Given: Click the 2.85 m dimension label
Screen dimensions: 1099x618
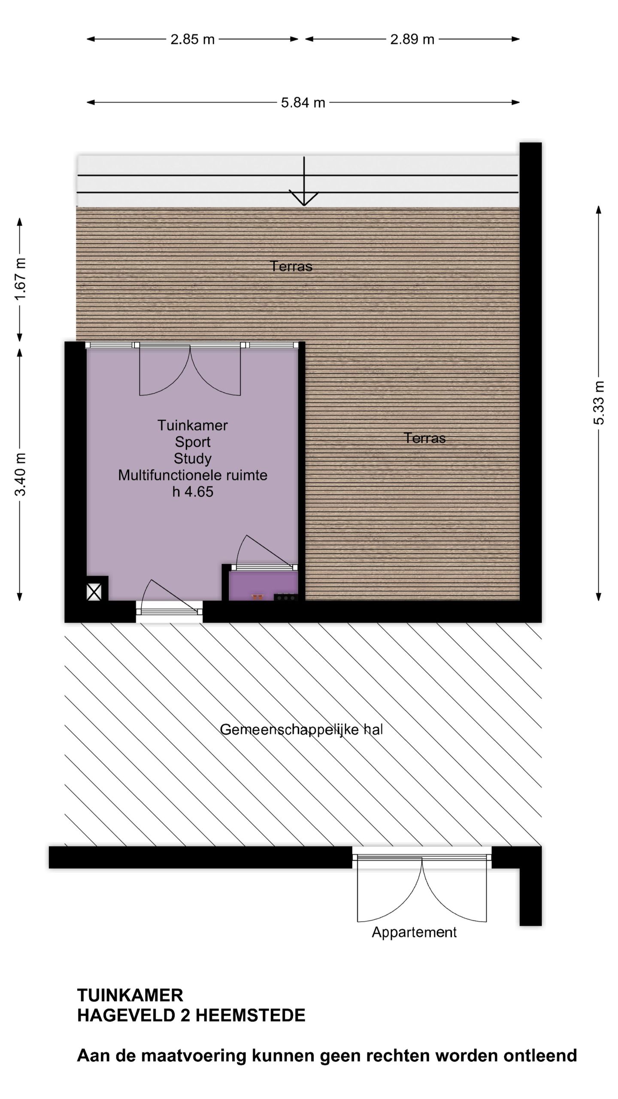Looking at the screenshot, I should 192,39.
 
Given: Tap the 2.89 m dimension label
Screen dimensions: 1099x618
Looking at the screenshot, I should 412,39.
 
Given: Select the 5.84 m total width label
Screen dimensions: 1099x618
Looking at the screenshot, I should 303,103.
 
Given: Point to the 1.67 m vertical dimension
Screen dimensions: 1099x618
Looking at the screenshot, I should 21,279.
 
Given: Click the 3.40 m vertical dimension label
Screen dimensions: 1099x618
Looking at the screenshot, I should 21,474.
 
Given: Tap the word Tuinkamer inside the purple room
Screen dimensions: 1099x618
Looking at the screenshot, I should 192,425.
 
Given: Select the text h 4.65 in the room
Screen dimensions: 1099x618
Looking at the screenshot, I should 193,492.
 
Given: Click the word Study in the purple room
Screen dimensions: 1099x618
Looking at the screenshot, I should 192,458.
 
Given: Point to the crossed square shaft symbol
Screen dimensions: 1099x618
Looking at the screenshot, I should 94,593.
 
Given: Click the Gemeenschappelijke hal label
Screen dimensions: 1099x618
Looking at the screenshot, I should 301,730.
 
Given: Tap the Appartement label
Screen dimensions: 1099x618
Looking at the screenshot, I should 414,932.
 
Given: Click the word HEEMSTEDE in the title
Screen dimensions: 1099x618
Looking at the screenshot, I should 250,1016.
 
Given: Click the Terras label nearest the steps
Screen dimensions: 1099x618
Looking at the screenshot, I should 291,267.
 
